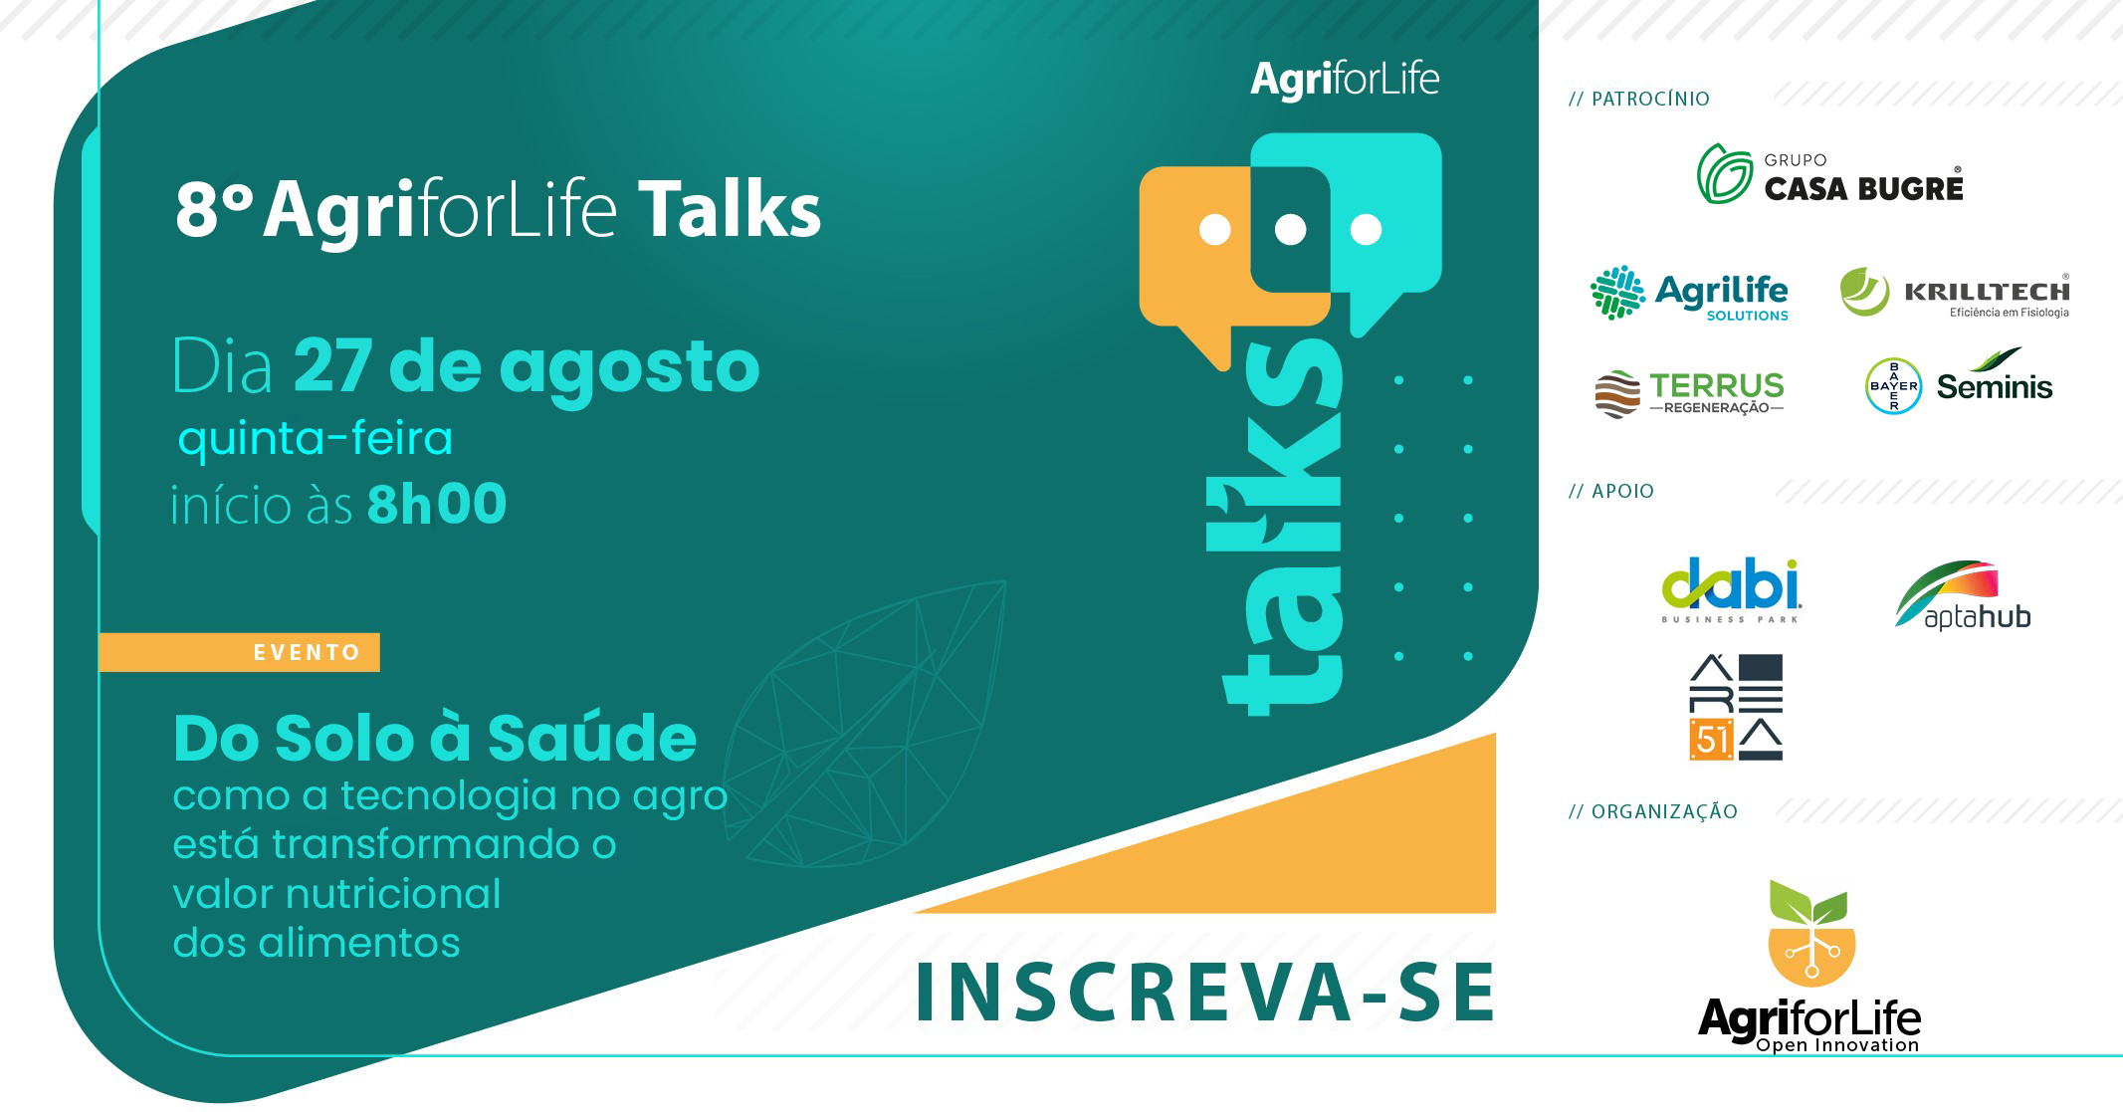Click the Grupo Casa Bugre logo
pos(1830,174)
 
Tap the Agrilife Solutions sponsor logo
pos(1689,293)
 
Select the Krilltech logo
pos(1955,293)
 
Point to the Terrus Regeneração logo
pos(1689,393)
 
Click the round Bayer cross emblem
pos(1893,386)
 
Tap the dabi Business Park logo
pos(1731,590)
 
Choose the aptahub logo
pos(1963,595)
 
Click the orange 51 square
pos(1711,740)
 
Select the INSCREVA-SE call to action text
pos(1205,993)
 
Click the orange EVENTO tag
pos(239,652)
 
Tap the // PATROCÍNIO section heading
pos(1638,99)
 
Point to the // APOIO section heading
pos(1610,491)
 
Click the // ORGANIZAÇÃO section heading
pos(1652,811)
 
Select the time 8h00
pos(437,504)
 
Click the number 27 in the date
pos(333,366)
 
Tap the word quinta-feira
pos(316,439)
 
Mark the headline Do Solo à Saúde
pos(435,739)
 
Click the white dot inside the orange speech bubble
pos(1214,230)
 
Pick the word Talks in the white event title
pos(730,210)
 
